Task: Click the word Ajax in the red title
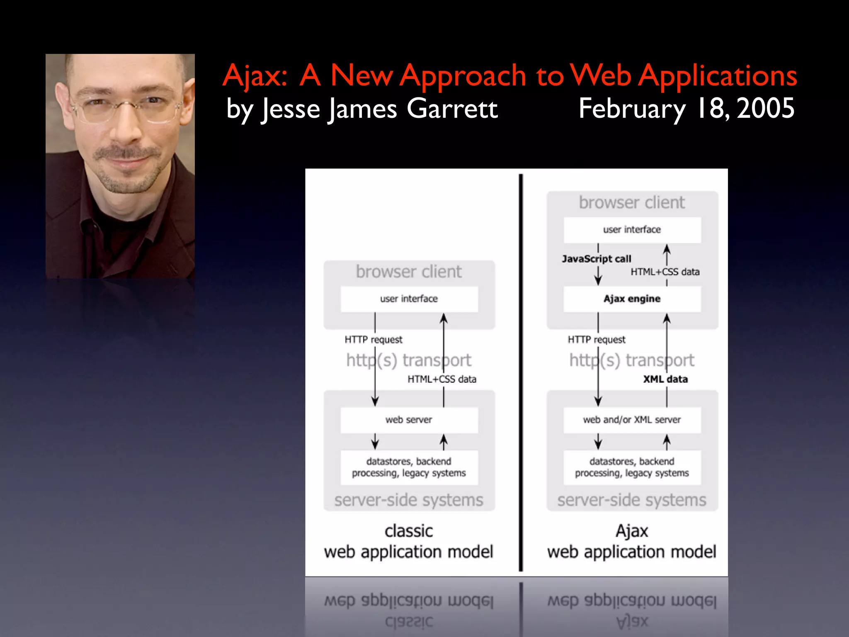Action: (x=255, y=76)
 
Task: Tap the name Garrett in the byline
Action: (x=452, y=109)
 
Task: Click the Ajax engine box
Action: (x=632, y=299)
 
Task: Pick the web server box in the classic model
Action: (x=409, y=420)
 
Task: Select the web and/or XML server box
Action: (x=632, y=420)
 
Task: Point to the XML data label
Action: (x=665, y=379)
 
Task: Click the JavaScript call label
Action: (x=596, y=259)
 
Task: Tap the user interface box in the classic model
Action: (x=409, y=299)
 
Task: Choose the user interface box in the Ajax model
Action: (x=632, y=230)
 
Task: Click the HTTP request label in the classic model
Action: (x=373, y=340)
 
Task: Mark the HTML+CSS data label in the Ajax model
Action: (x=665, y=272)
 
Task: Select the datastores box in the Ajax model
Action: (x=632, y=467)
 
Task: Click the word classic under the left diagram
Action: (x=409, y=531)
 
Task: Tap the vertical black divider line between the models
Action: (x=521, y=373)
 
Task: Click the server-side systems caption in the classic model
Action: (x=409, y=500)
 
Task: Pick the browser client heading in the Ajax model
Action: (x=632, y=203)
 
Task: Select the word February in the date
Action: (x=632, y=109)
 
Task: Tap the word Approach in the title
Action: (x=463, y=76)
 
